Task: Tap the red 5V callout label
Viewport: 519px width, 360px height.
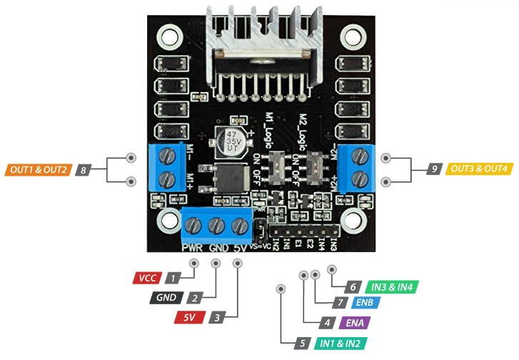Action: tap(190, 316)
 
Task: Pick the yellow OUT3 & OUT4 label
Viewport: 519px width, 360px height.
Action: tap(480, 169)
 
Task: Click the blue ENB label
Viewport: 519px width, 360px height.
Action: tap(373, 302)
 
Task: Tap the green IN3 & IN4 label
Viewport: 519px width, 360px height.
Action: tap(391, 286)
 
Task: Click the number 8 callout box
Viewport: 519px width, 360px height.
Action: tap(84, 170)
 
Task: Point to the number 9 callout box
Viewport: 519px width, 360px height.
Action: tap(434, 169)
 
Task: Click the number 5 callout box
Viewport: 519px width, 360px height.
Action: tap(303, 344)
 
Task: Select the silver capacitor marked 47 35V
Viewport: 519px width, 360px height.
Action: tap(232, 141)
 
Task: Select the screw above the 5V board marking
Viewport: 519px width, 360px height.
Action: tap(239, 226)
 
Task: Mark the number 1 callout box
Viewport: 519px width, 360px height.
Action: tap(172, 277)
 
